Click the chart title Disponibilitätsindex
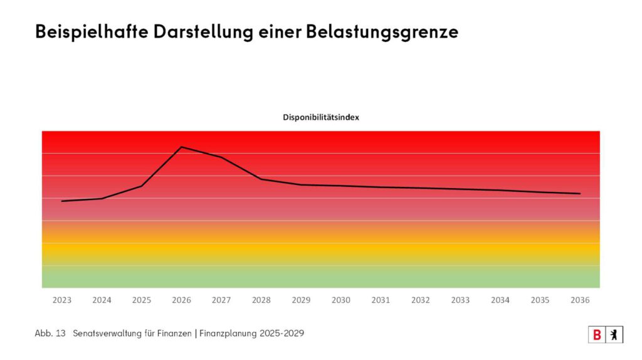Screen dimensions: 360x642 (320, 117)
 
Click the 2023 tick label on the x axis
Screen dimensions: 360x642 (62, 300)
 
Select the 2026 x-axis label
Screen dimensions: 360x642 (182, 300)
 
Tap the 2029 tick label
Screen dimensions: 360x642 (301, 300)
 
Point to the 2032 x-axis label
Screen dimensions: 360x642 (421, 300)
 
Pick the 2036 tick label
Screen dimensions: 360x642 (580, 300)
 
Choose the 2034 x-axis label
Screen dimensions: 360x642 (500, 300)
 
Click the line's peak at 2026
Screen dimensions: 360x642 (182, 147)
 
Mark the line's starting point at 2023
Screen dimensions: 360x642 (62, 201)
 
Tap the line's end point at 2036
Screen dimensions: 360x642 (580, 193)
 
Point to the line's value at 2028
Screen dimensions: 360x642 (261, 179)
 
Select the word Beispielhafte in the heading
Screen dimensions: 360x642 (92, 32)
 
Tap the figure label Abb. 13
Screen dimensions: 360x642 (50, 334)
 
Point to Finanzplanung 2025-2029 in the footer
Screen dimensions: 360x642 (251, 334)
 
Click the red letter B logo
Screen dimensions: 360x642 (597, 335)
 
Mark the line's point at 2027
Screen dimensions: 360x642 (221, 157)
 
